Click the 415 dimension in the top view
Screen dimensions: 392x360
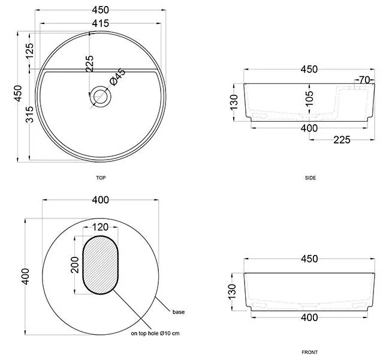tap(101, 23)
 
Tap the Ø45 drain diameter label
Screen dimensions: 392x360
tap(117, 77)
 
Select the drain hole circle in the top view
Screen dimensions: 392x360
tap(101, 97)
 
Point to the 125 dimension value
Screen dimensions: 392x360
tap(29, 51)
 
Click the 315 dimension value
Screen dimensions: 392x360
tap(30, 115)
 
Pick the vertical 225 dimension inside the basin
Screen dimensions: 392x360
tap(89, 64)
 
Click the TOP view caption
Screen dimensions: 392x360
tap(101, 178)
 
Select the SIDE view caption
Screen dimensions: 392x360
tap(310, 178)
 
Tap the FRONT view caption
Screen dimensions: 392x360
tap(309, 352)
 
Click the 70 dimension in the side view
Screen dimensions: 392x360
tap(364, 80)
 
